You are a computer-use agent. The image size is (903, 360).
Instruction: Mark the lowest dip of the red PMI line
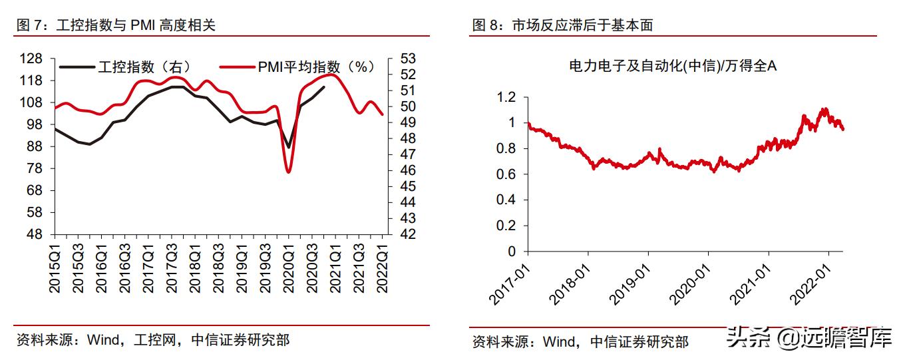[x=288, y=172]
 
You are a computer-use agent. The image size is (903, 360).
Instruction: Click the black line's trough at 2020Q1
[x=288, y=147]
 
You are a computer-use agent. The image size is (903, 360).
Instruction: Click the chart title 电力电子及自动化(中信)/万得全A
[x=673, y=66]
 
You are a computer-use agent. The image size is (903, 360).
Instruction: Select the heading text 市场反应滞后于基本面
[x=582, y=25]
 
